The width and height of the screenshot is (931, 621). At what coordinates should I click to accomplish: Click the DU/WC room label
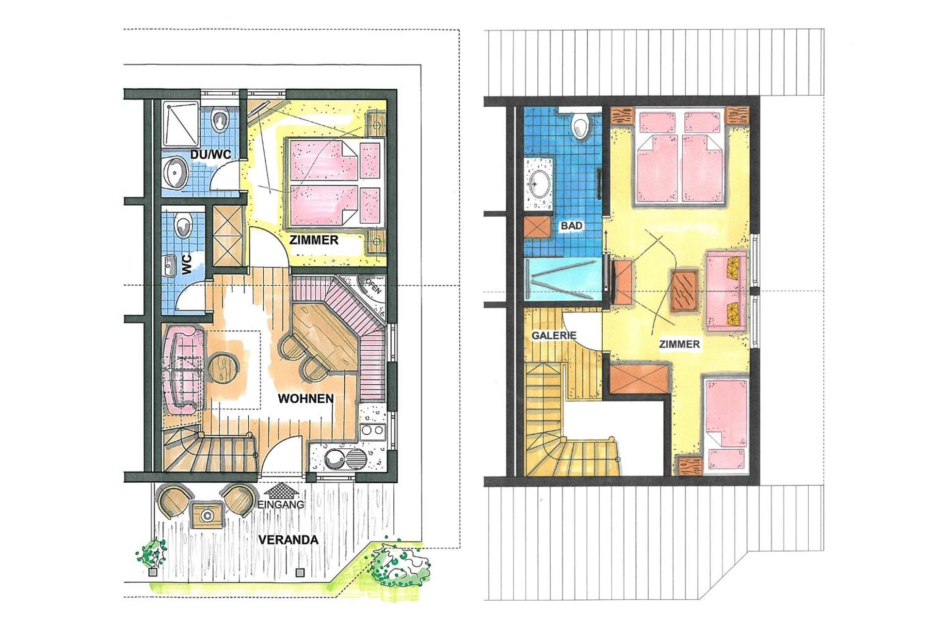(210, 155)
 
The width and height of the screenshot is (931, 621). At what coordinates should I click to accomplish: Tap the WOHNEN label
(305, 399)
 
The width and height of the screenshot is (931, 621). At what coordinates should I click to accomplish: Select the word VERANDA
(288, 539)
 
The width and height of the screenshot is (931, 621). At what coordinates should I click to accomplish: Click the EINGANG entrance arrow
(281, 490)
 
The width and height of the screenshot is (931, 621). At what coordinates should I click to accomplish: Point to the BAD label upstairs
(571, 226)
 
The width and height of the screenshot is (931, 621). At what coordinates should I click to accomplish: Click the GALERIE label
(554, 335)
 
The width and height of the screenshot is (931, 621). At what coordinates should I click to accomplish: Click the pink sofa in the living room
(181, 370)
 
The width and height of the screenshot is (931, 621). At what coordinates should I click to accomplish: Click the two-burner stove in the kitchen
(372, 430)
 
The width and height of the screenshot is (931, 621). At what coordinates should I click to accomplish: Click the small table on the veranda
(208, 515)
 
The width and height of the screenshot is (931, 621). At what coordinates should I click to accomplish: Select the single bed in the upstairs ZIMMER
(726, 424)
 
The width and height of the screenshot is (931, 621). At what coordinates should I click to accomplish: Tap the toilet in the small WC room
(183, 226)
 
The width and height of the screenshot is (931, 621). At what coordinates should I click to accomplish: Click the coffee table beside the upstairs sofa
(684, 290)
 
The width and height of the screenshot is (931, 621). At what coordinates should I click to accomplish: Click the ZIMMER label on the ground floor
(314, 240)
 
